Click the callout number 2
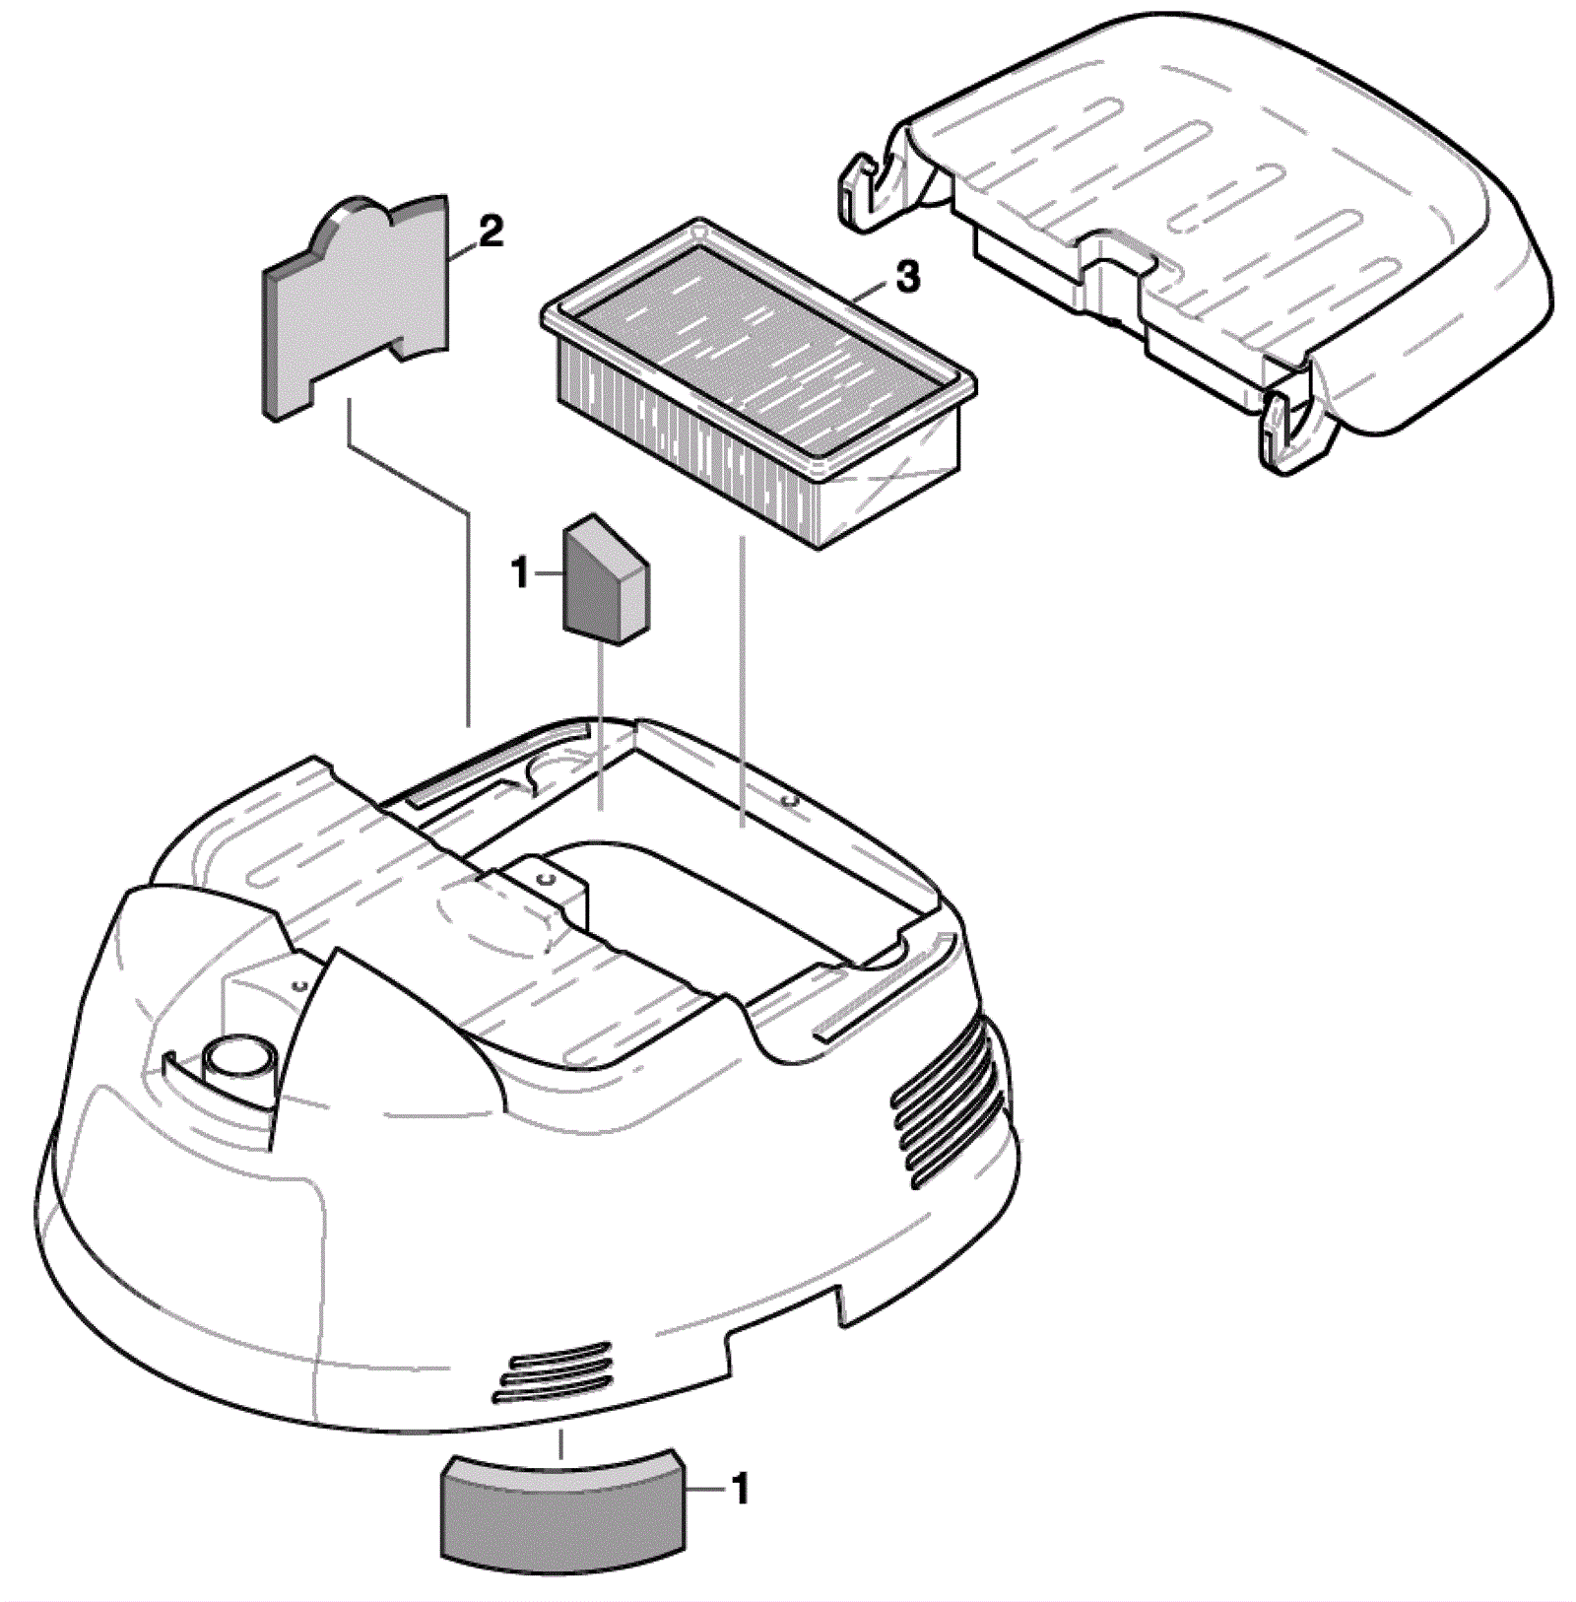pyautogui.click(x=490, y=233)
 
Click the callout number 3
pyautogui.click(x=907, y=277)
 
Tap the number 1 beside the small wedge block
pyautogui.click(x=521, y=572)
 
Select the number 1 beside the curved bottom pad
pyautogui.click(x=741, y=1490)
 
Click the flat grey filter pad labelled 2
pyautogui.click(x=356, y=305)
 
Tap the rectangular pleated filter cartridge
pyautogui.click(x=758, y=384)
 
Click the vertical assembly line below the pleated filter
pyautogui.click(x=742, y=680)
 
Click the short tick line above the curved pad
pyautogui.click(x=561, y=1444)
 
